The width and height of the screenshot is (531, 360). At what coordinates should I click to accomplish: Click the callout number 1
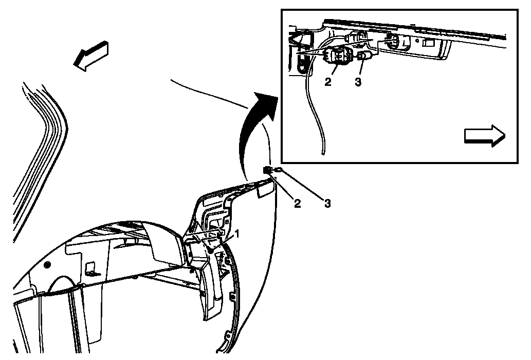click(x=237, y=233)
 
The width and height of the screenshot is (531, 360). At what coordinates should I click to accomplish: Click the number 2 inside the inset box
click(x=328, y=82)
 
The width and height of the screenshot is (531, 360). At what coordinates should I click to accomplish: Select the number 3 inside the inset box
click(x=358, y=82)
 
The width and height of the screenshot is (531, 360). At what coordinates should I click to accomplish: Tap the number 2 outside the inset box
click(x=297, y=203)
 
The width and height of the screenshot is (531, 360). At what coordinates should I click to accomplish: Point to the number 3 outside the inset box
click(x=327, y=203)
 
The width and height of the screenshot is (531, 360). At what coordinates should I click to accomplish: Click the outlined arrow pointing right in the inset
click(x=484, y=136)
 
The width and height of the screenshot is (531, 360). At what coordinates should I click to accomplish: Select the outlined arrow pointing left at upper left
click(x=91, y=56)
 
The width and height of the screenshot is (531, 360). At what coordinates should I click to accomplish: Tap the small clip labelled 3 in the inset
click(x=363, y=56)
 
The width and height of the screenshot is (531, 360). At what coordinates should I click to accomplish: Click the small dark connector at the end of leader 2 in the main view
click(x=267, y=170)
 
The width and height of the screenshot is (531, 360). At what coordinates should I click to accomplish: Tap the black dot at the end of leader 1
click(x=211, y=250)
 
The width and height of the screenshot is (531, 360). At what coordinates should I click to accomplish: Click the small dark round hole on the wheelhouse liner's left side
click(x=47, y=264)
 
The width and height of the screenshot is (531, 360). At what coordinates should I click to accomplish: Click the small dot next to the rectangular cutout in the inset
click(x=418, y=42)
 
